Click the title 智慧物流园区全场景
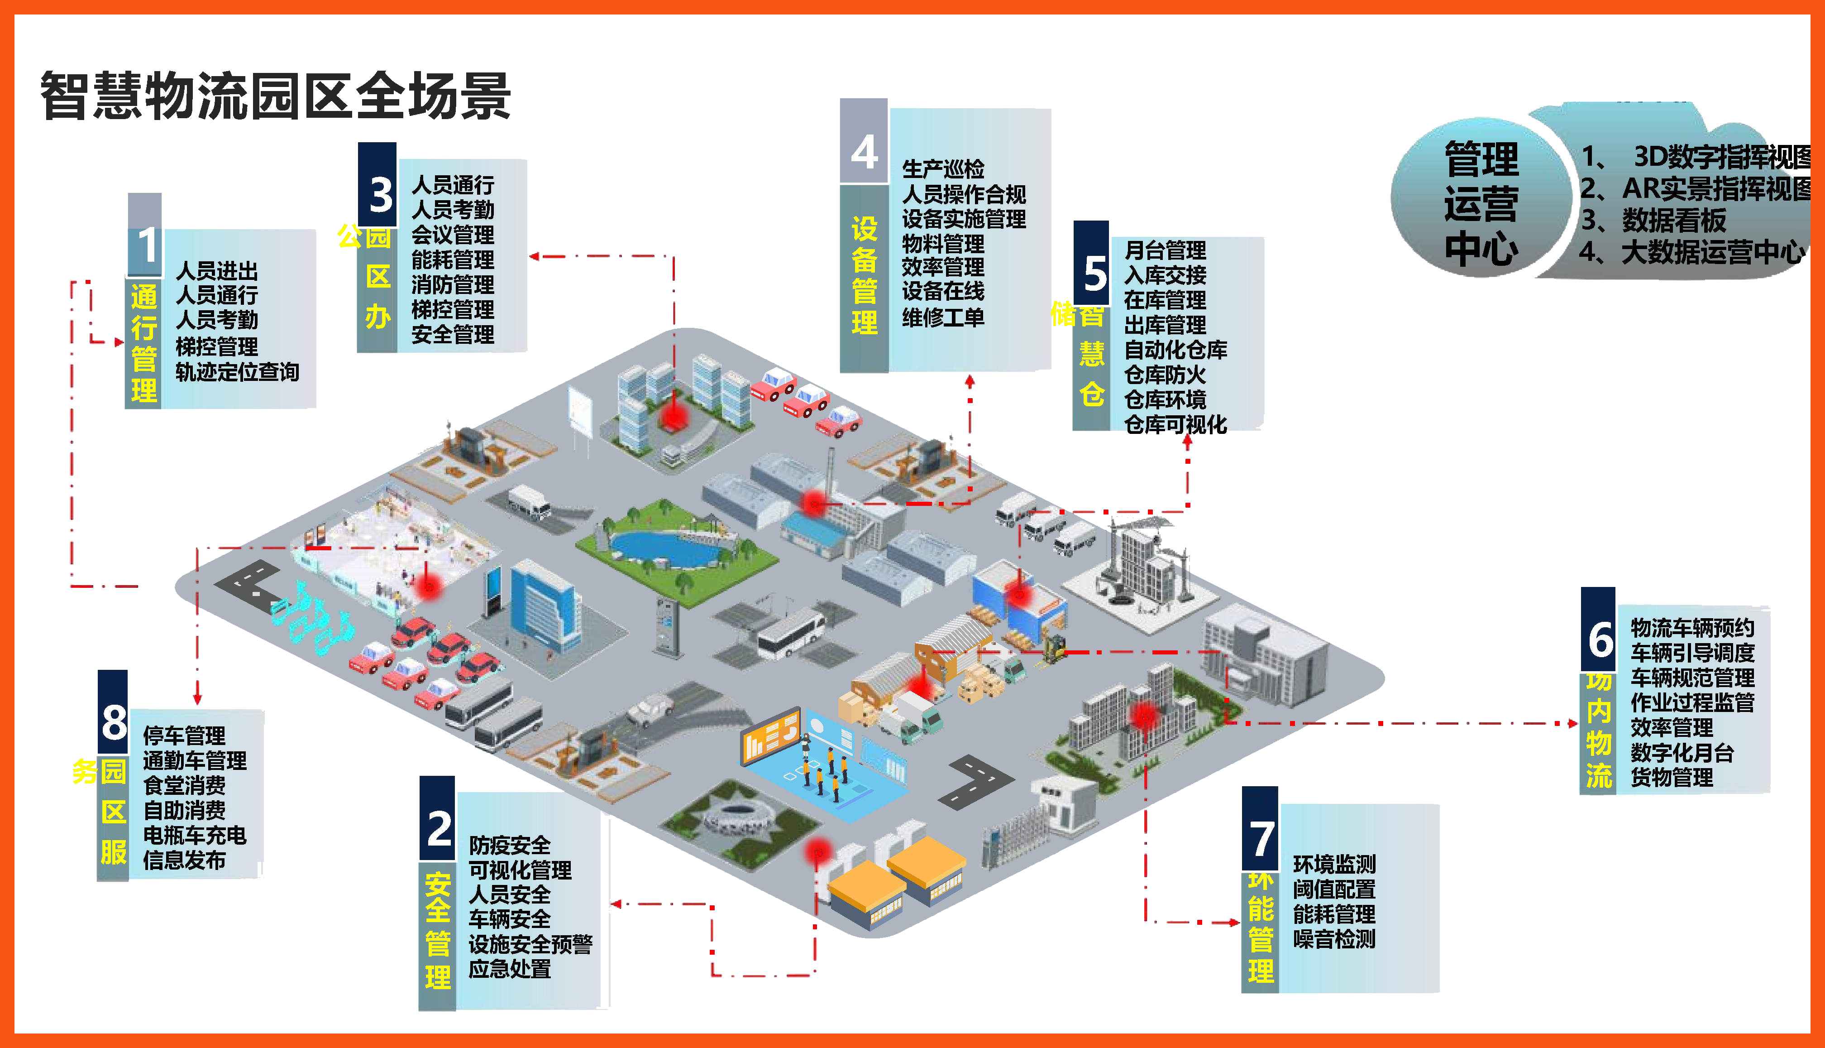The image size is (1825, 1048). pos(276,96)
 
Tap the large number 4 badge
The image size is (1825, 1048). pos(864,151)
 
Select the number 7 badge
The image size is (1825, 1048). pos(1260,839)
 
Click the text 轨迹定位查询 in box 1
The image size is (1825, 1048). pos(237,372)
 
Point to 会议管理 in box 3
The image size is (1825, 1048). pos(453,235)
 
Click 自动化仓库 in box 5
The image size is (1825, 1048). pos(1175,350)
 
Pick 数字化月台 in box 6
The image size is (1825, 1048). pos(1682,753)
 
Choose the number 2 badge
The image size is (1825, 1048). pos(438,828)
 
